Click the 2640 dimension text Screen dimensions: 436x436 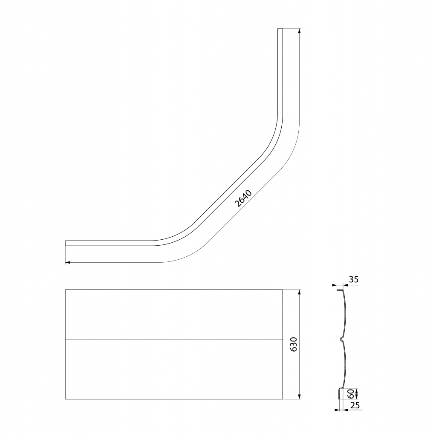pyautogui.click(x=243, y=198)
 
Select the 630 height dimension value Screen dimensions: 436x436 pyautogui.click(x=294, y=344)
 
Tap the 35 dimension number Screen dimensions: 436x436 pyautogui.click(x=353, y=279)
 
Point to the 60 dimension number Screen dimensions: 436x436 pyautogui.click(x=351, y=393)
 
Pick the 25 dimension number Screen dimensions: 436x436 pyautogui.click(x=355, y=405)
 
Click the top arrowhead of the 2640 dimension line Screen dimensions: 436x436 pyautogui.click(x=299, y=31)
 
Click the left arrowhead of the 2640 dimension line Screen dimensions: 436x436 pyautogui.click(x=68, y=262)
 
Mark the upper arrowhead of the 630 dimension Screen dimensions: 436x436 pyautogui.click(x=299, y=293)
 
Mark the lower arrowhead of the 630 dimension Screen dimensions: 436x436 pyautogui.click(x=299, y=396)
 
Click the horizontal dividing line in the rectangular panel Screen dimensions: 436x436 pyautogui.click(x=174, y=339)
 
